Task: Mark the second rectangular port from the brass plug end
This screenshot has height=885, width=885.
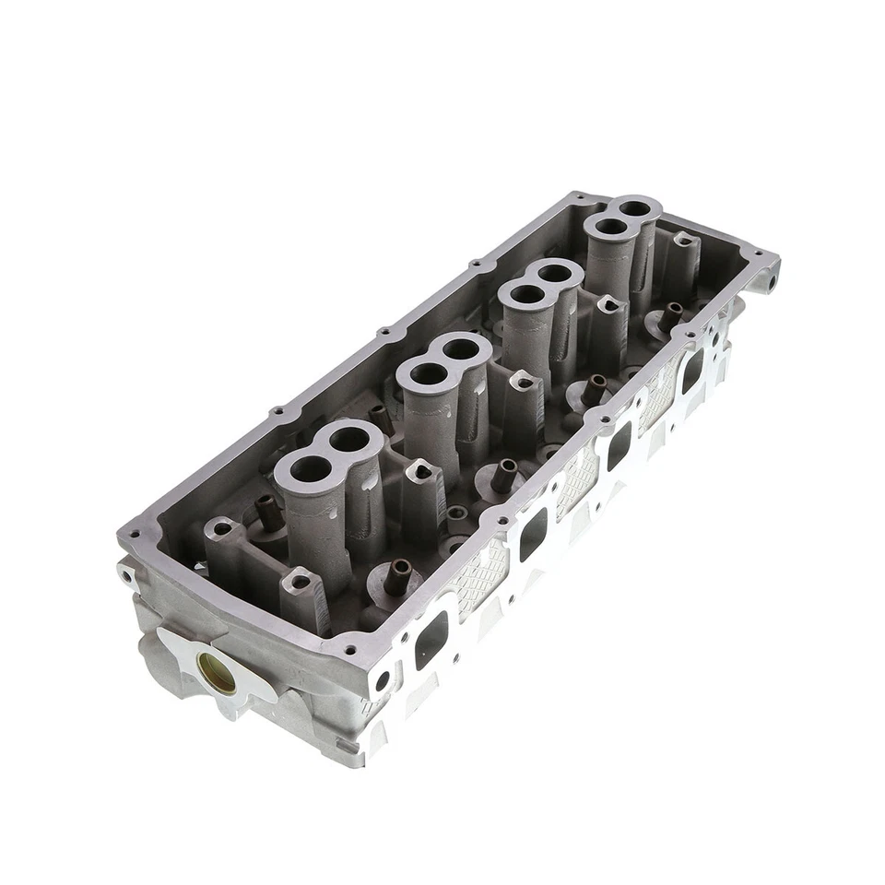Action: click(533, 535)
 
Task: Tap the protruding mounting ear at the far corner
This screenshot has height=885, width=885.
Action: click(766, 274)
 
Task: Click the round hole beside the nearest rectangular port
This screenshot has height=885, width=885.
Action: click(383, 681)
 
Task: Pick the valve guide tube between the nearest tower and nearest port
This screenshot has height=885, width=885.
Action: click(397, 575)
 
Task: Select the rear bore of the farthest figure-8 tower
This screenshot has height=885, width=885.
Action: click(634, 208)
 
